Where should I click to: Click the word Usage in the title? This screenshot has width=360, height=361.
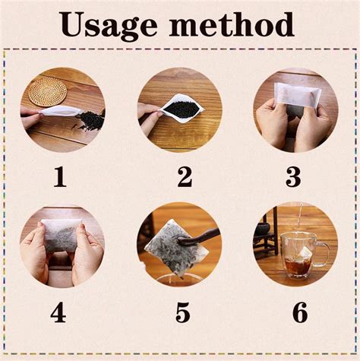click(x=109, y=25)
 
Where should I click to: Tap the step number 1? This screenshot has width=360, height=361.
click(x=60, y=177)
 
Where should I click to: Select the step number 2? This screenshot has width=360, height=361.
click(x=185, y=177)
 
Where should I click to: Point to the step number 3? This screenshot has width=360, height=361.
click(x=293, y=177)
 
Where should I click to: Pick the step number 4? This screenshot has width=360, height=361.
click(x=58, y=312)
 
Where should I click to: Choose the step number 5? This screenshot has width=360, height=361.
click(x=183, y=312)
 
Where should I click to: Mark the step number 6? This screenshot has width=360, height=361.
click(x=300, y=312)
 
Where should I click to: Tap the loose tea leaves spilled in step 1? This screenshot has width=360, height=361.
click(x=89, y=122)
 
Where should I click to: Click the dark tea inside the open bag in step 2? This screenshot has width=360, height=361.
click(x=181, y=109)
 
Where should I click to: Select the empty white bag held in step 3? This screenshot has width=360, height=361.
click(x=298, y=97)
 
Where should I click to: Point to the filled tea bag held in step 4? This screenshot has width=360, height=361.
click(x=62, y=236)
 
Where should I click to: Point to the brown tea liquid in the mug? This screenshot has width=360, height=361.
click(x=299, y=267)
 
